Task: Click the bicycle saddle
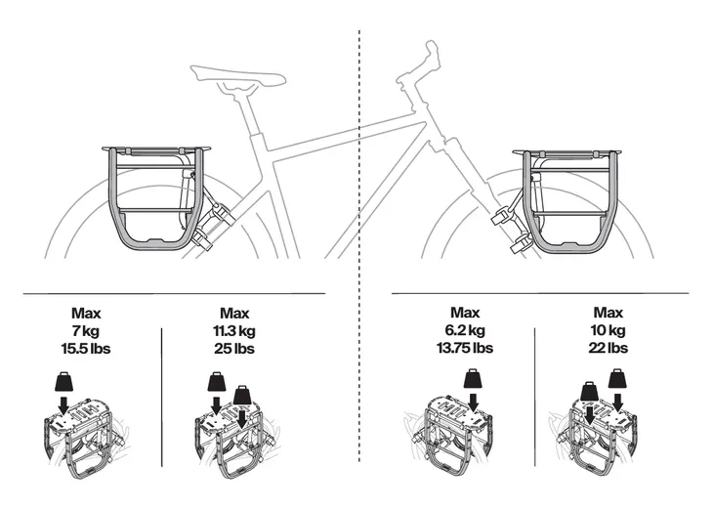[236, 75]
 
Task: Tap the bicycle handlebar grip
[431, 53]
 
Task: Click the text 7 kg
[86, 331]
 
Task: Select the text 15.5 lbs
[86, 349]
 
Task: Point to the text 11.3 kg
[235, 331]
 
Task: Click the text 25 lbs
[235, 349]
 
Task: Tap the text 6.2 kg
[465, 331]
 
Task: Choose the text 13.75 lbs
[465, 349]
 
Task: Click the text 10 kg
[608, 331]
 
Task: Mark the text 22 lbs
[608, 349]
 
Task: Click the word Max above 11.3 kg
[235, 314]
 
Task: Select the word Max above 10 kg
[608, 314]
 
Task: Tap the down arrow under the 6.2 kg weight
[472, 401]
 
